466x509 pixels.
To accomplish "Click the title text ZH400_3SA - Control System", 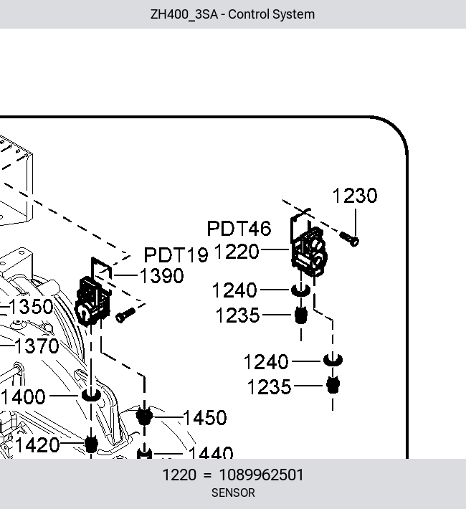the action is (x=232, y=14).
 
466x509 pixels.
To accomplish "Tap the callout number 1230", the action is (x=355, y=196).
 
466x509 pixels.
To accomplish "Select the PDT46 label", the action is (x=239, y=228).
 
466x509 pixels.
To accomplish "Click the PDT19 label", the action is (x=176, y=255).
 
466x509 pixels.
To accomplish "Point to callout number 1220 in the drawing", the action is (x=237, y=252).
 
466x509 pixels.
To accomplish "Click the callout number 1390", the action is (x=162, y=276).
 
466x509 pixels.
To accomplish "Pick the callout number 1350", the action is (x=31, y=307).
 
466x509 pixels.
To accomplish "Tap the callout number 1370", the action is (x=37, y=346).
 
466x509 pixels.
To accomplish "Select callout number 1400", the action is (x=23, y=396).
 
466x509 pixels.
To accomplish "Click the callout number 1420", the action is (x=37, y=445).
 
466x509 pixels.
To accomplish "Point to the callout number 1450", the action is (x=205, y=417).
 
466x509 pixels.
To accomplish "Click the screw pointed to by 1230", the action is (x=349, y=239).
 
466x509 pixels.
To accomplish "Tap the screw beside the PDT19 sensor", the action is (x=125, y=315).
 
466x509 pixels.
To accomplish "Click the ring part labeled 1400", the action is (x=91, y=396).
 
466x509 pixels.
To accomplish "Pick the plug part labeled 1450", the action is (x=144, y=416).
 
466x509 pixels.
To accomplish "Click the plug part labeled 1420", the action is (x=91, y=444).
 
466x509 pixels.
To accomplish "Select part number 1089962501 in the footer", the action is (x=262, y=475).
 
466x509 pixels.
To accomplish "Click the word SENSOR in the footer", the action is (x=233, y=493).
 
